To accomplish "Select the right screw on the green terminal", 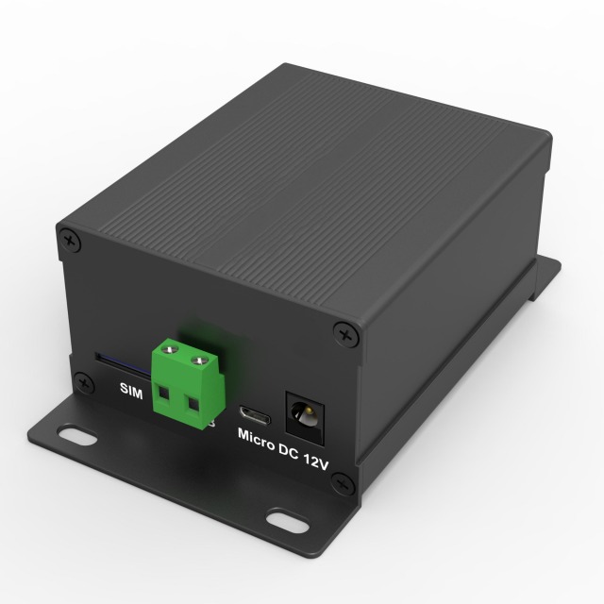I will click(x=199, y=361).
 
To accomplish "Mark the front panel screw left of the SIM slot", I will click(x=85, y=382).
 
